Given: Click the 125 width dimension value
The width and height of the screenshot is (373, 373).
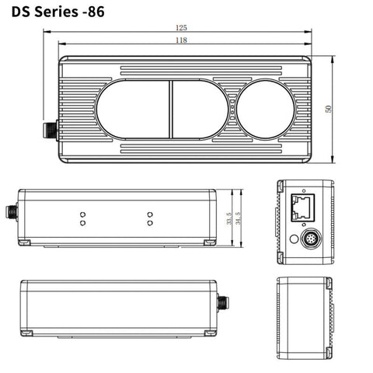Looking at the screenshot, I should (181, 28).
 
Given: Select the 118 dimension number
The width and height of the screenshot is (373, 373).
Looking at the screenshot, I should (181, 40).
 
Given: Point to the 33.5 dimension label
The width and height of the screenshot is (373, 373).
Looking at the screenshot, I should (228, 218).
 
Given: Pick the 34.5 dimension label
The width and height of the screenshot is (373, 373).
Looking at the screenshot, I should (238, 218).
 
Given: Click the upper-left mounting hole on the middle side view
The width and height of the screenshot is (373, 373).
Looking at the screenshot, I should (82, 212).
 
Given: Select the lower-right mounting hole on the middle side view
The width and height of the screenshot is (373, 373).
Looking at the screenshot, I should (148, 223).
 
